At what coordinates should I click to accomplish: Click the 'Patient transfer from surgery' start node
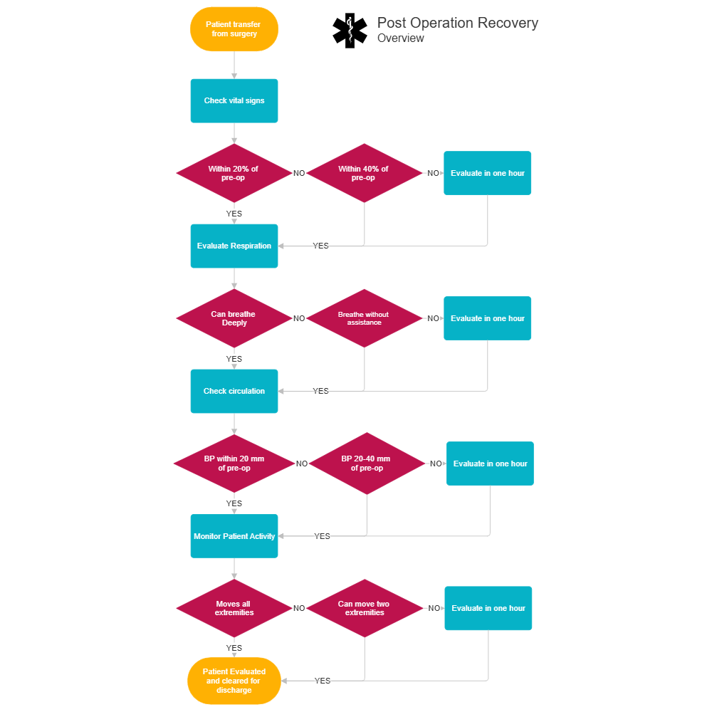pos(234,29)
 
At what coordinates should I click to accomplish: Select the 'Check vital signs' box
pos(234,100)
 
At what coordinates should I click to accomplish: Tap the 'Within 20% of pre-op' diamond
pos(234,173)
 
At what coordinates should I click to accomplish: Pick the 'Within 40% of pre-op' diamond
pos(364,173)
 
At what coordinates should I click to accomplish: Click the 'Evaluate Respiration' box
pos(234,246)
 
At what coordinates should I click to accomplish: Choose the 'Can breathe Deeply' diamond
pos(234,318)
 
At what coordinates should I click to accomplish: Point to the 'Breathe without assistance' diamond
pos(364,318)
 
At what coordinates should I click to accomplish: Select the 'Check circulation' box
pos(234,391)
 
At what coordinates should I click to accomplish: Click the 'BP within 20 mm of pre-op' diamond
pos(234,464)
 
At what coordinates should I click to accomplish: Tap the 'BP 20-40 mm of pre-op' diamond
pos(366,464)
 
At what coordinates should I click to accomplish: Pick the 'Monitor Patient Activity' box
pos(234,536)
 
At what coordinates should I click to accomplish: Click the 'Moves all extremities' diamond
pos(234,608)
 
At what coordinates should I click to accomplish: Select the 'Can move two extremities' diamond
pos(364,608)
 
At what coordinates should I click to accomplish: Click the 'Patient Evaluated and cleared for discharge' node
pos(234,681)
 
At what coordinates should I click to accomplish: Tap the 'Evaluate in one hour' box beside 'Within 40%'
pos(488,173)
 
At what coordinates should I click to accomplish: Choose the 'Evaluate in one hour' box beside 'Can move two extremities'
pos(488,608)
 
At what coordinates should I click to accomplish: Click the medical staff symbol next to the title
pos(349,30)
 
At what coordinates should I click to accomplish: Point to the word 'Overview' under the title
pos(400,38)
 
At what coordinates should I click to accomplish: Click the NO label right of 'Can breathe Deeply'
pos(299,318)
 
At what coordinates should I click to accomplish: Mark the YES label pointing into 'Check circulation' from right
pos(320,391)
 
